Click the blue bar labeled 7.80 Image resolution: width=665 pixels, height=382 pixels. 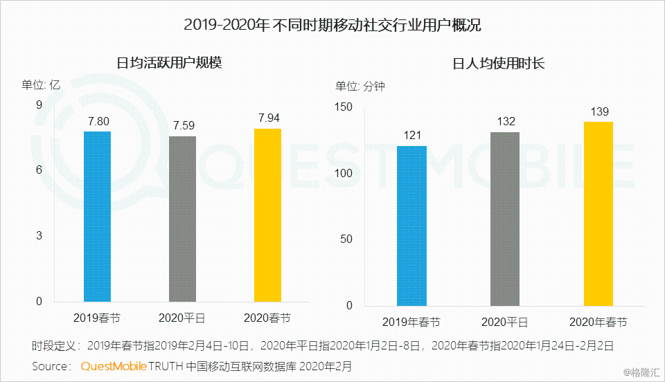pos(98,216)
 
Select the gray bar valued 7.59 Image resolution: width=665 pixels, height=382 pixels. pos(183,219)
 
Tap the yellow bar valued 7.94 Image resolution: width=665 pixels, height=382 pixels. pos(268,215)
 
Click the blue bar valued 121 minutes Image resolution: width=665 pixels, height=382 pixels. pos(411,226)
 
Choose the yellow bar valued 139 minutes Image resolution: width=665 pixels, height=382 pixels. pos(598,213)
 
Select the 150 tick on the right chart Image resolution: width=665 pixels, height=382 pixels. pos(344,107)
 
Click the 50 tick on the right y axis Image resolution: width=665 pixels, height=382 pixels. pos(346,239)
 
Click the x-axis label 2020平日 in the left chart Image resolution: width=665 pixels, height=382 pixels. pos(183,318)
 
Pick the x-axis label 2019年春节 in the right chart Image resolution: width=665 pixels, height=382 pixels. pos(411,322)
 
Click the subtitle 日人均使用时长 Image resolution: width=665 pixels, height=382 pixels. pos(499,63)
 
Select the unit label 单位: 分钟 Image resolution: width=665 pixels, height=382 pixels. pos(360,87)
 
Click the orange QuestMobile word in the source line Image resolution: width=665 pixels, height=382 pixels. pos(113,365)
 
